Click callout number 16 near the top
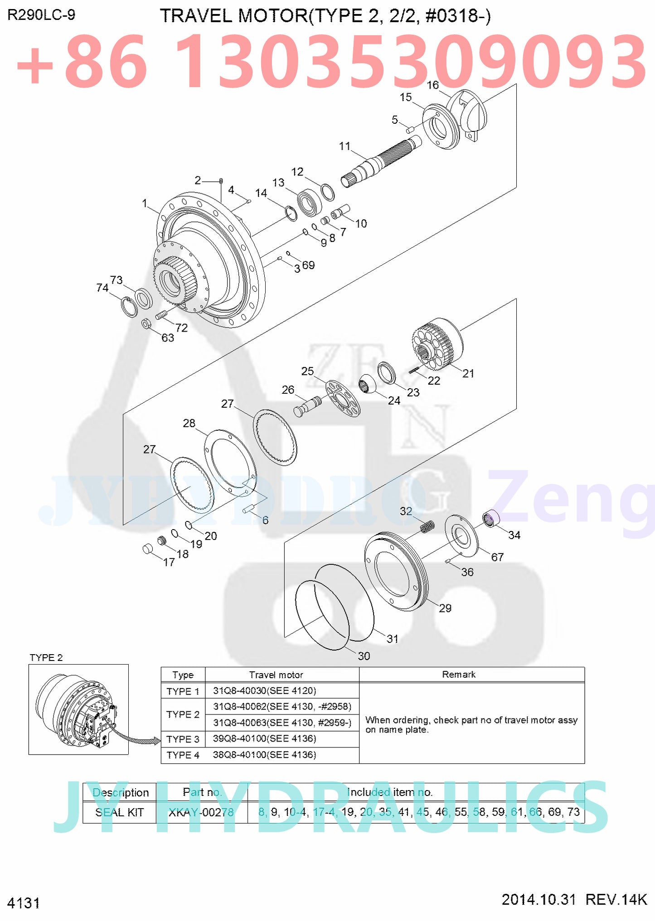[432, 85]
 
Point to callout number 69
[308, 265]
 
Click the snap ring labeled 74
[130, 307]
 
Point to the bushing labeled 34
[490, 517]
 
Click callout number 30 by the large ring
[364, 656]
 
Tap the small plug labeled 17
[148, 549]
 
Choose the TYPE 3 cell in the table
[183, 739]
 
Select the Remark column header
[458, 674]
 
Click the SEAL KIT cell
[119, 812]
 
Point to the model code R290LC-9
[41, 15]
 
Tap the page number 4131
[24, 903]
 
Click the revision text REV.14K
[616, 899]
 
